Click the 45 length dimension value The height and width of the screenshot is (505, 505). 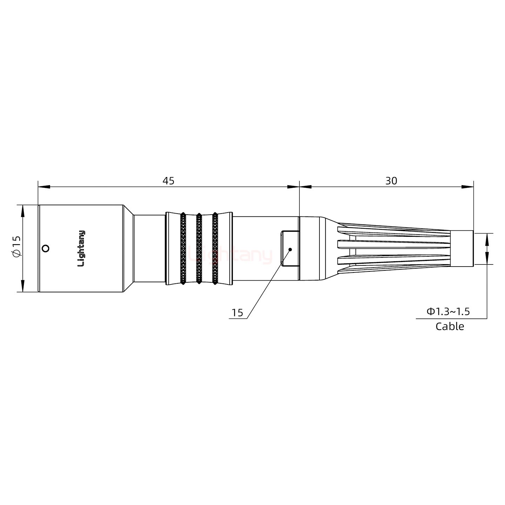[x=168, y=181]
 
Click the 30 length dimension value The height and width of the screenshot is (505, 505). [x=391, y=181]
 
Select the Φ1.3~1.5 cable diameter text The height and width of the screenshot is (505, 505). [x=448, y=311]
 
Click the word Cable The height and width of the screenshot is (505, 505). [x=450, y=326]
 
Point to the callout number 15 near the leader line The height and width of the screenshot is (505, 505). [x=237, y=313]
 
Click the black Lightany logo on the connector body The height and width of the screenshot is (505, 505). [x=81, y=248]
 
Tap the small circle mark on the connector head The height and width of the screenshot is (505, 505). [x=45, y=249]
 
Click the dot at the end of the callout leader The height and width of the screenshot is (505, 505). [x=290, y=249]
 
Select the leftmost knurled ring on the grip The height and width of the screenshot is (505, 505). [x=183, y=248]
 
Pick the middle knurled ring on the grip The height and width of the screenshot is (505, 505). [x=199, y=248]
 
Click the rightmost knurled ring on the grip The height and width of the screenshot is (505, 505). [x=215, y=248]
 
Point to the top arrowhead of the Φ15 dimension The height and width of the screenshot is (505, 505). [x=23, y=210]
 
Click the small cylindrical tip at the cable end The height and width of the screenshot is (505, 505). [x=462, y=249]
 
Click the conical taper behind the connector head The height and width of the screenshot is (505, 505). [x=128, y=248]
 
